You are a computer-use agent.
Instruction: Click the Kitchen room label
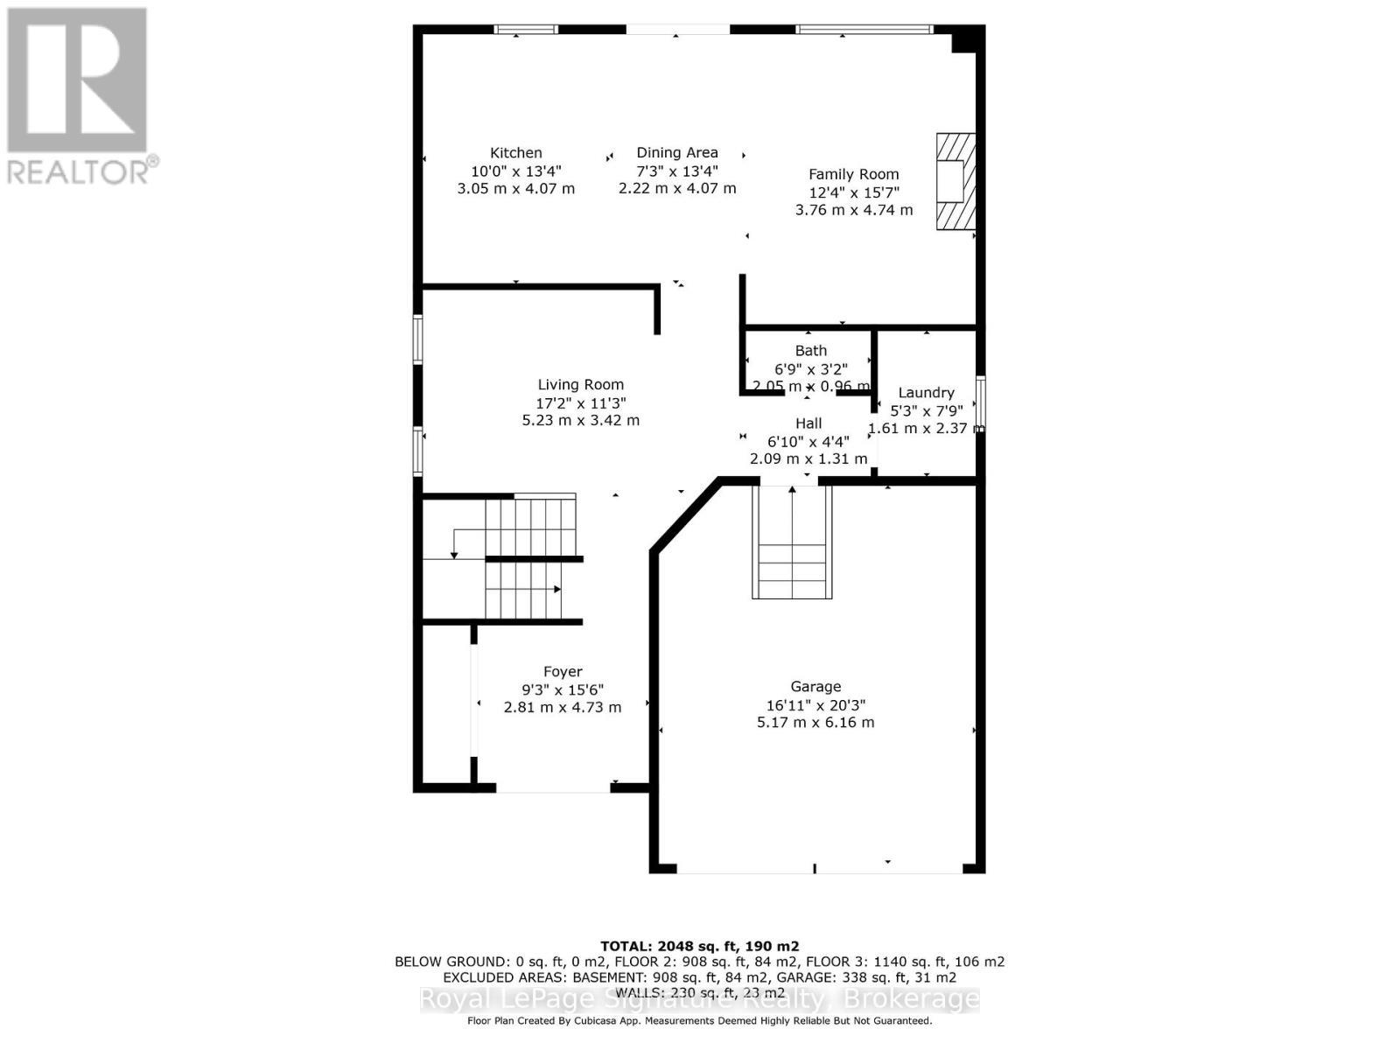coord(515,153)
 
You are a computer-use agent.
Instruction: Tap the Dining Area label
coord(677,153)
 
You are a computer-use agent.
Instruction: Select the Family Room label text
coord(853,174)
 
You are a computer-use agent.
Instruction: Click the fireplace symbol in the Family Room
coord(955,181)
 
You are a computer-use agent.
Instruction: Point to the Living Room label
coord(580,385)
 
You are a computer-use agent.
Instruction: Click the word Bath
coord(811,351)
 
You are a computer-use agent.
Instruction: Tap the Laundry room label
coord(926,393)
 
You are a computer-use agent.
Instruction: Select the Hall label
coord(808,423)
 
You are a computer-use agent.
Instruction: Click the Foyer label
coord(563,672)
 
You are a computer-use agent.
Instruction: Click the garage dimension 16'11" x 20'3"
coord(815,705)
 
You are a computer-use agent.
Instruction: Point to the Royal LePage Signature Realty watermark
coord(699,999)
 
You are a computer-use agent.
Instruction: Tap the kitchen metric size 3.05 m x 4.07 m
coord(515,188)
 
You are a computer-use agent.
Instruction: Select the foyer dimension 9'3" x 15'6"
coord(563,689)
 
